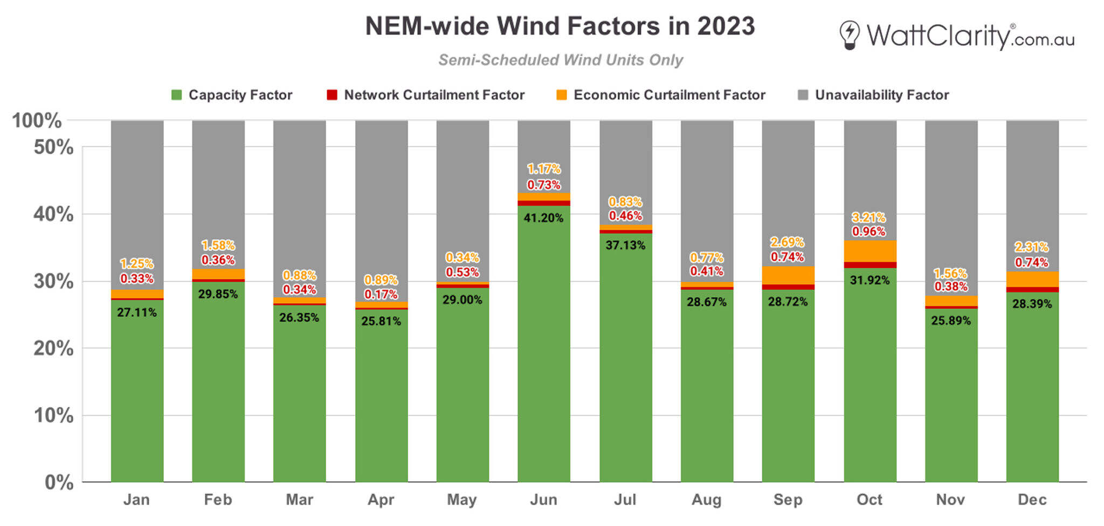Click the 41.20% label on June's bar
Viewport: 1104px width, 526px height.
pos(543,218)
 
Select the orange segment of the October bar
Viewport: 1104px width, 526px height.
pos(870,251)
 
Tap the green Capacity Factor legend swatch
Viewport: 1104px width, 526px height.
pos(176,95)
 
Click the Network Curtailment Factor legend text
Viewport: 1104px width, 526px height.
pos(434,95)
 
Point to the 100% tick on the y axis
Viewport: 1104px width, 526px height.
pos(37,120)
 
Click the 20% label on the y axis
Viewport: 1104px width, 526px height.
pos(53,349)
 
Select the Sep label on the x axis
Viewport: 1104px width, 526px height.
pos(788,500)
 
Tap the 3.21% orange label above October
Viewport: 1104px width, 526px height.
pos(868,217)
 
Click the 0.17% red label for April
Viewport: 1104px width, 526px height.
pos(381,294)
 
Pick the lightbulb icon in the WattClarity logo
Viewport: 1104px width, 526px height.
pos(849,35)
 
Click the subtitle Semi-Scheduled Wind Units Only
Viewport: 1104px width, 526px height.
pos(560,60)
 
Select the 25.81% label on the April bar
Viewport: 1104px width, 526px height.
pos(381,321)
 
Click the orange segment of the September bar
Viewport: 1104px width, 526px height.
pos(788,275)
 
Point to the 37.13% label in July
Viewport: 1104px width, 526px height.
pos(625,245)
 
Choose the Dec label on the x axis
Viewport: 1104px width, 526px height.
pos(1032,500)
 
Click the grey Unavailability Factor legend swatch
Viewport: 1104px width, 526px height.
pos(803,95)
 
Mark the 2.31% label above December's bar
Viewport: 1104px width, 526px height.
pos(1031,247)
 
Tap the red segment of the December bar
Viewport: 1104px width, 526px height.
pos(1032,290)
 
